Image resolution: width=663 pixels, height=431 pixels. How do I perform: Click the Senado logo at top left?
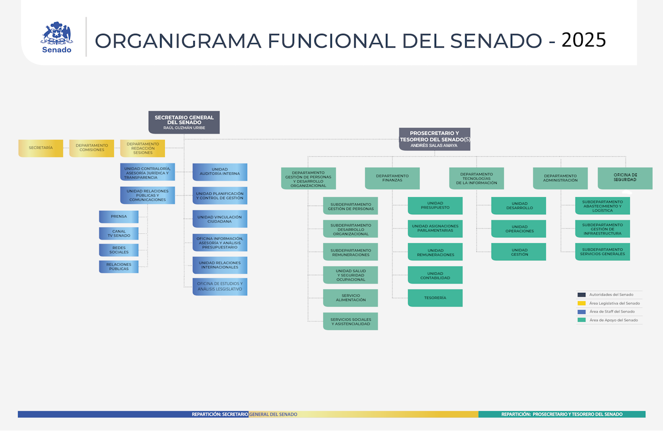[x=56, y=37]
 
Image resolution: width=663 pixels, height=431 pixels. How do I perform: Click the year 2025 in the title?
[x=583, y=40]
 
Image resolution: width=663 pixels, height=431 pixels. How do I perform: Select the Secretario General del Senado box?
[x=184, y=122]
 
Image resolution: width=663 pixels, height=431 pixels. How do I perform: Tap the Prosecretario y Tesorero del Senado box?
[x=434, y=139]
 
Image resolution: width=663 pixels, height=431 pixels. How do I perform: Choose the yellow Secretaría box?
[x=40, y=148]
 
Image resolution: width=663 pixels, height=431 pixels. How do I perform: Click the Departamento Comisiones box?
[x=92, y=148]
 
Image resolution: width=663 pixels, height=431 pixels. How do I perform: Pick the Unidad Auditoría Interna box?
[x=220, y=172]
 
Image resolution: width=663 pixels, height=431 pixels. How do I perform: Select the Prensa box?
[x=119, y=217]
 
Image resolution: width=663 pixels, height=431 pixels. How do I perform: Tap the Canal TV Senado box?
[x=119, y=234]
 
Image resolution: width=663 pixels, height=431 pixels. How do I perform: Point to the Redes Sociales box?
[x=119, y=250]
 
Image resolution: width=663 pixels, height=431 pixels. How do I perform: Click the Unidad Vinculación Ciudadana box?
[x=220, y=219]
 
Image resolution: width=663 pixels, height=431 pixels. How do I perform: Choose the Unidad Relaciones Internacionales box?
[x=220, y=265]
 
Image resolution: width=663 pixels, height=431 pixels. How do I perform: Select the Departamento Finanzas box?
[x=392, y=178]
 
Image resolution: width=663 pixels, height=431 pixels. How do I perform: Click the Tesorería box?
[x=435, y=298]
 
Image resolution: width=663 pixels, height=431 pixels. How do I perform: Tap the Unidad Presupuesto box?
[x=435, y=205]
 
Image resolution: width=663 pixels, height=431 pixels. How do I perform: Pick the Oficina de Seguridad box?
[x=625, y=178]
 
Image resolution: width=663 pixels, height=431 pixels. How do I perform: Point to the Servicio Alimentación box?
[x=350, y=298]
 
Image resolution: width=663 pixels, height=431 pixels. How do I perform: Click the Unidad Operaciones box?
[x=518, y=229]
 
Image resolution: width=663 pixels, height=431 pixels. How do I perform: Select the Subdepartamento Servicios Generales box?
[x=602, y=252]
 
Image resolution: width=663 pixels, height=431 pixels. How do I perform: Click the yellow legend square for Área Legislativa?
[x=581, y=303]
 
